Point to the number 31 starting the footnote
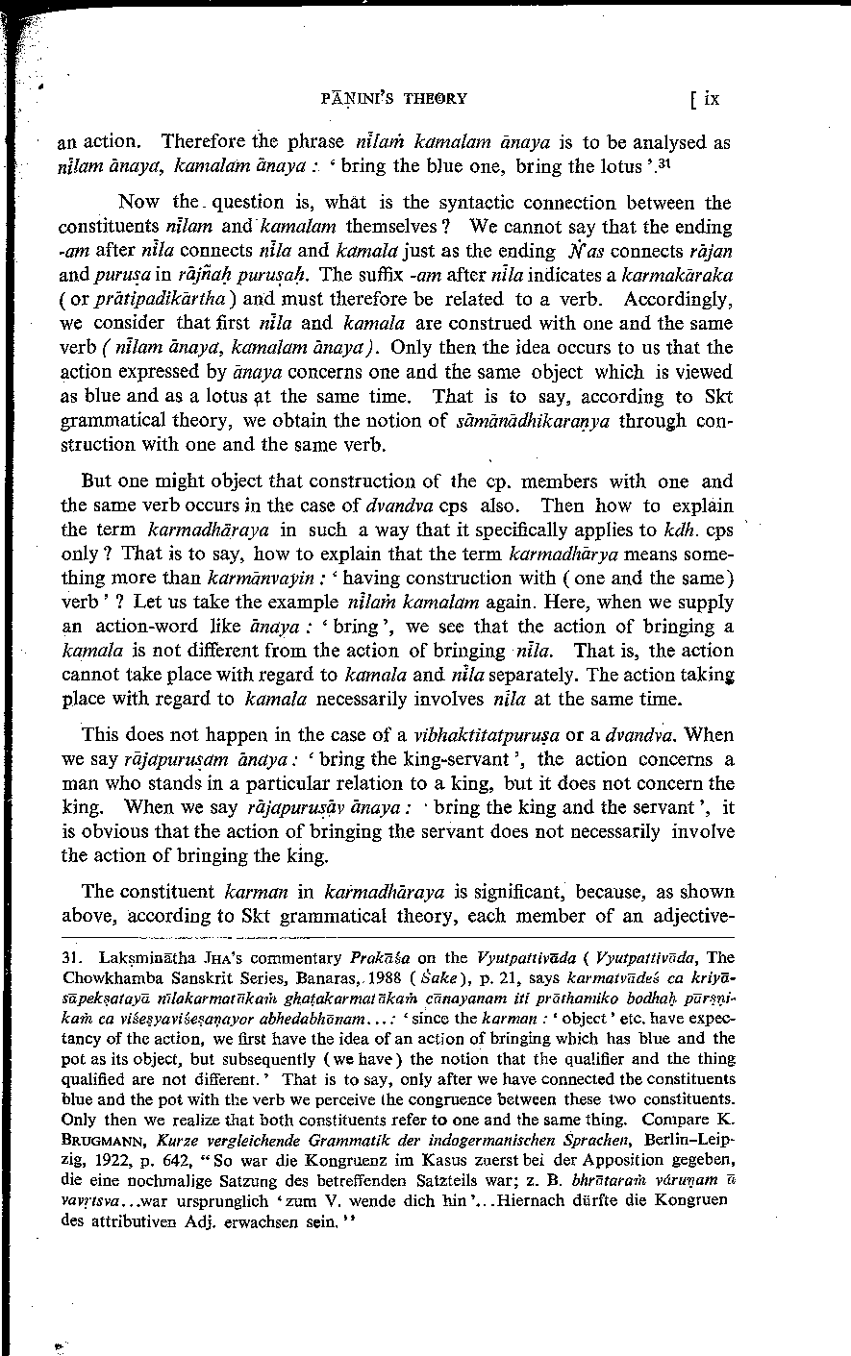coord(70,957)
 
